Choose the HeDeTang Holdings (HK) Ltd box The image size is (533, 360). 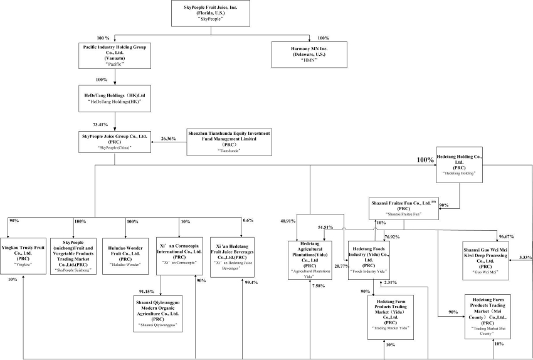coord(115,98)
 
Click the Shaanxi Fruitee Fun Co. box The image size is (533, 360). coord(403,207)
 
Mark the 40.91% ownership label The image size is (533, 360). coord(288,221)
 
